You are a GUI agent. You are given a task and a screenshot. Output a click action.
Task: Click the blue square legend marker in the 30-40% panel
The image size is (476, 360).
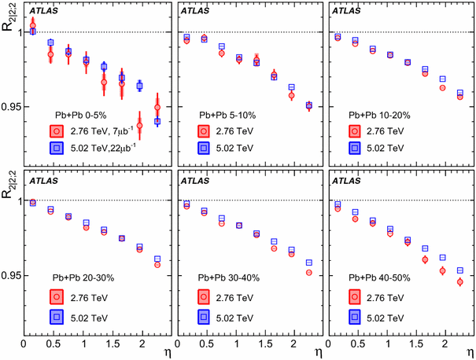[x=204, y=316]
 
